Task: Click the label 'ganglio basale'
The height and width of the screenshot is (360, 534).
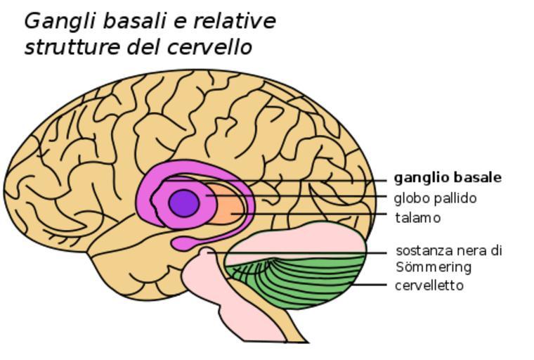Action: point(448,177)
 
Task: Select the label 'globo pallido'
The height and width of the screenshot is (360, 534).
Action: point(435,198)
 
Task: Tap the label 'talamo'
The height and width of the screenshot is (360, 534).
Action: point(417,218)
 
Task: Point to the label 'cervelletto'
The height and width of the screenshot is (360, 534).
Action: point(429,285)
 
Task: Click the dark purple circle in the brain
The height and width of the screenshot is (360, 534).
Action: point(184,203)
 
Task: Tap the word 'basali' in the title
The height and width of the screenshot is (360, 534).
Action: point(134,21)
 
